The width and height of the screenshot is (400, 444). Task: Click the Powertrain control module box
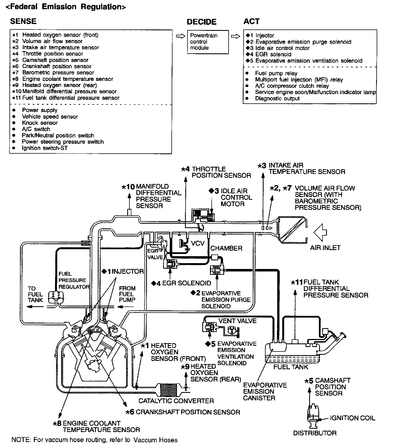(x=208, y=42)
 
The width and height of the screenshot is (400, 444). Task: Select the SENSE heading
(x=23, y=21)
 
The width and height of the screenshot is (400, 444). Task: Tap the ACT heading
(x=252, y=21)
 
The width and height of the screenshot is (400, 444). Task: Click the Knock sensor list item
(x=40, y=123)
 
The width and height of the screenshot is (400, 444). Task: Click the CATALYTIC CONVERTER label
(x=176, y=401)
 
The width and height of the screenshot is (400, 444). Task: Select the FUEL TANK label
(x=291, y=367)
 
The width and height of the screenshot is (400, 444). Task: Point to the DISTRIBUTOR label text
(x=315, y=433)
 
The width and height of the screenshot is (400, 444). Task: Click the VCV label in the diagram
(x=198, y=243)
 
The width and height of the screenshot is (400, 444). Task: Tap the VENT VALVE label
(x=237, y=321)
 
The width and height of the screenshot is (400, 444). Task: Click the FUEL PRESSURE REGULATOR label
(x=74, y=280)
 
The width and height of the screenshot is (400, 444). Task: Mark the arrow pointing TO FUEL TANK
(x=35, y=307)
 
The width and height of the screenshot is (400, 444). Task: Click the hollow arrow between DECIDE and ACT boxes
(x=236, y=36)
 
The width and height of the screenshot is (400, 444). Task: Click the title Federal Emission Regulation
(x=66, y=7)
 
